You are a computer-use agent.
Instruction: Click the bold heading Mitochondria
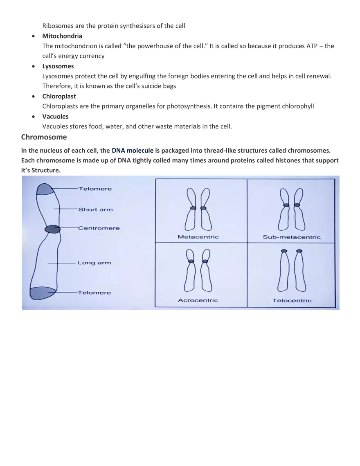tap(62, 36)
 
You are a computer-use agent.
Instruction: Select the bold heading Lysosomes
tap(58, 66)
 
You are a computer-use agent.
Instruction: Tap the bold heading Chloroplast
tap(59, 96)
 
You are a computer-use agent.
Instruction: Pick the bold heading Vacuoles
tap(55, 117)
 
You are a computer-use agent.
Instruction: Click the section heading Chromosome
tap(44, 137)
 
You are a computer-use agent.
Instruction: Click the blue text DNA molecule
tap(132, 151)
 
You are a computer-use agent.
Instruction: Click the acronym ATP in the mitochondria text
tap(312, 46)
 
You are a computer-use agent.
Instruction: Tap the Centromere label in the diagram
tap(99, 228)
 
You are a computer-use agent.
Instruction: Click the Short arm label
tap(95, 209)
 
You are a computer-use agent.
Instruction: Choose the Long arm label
tap(94, 263)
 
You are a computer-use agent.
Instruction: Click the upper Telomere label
tap(95, 189)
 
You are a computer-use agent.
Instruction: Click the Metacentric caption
tap(198, 237)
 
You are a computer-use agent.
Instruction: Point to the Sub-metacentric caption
tap(291, 237)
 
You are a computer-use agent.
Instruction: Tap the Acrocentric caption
tap(198, 300)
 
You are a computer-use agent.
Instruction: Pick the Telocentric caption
tap(292, 301)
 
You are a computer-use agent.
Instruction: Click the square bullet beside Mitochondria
tap(33, 36)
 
